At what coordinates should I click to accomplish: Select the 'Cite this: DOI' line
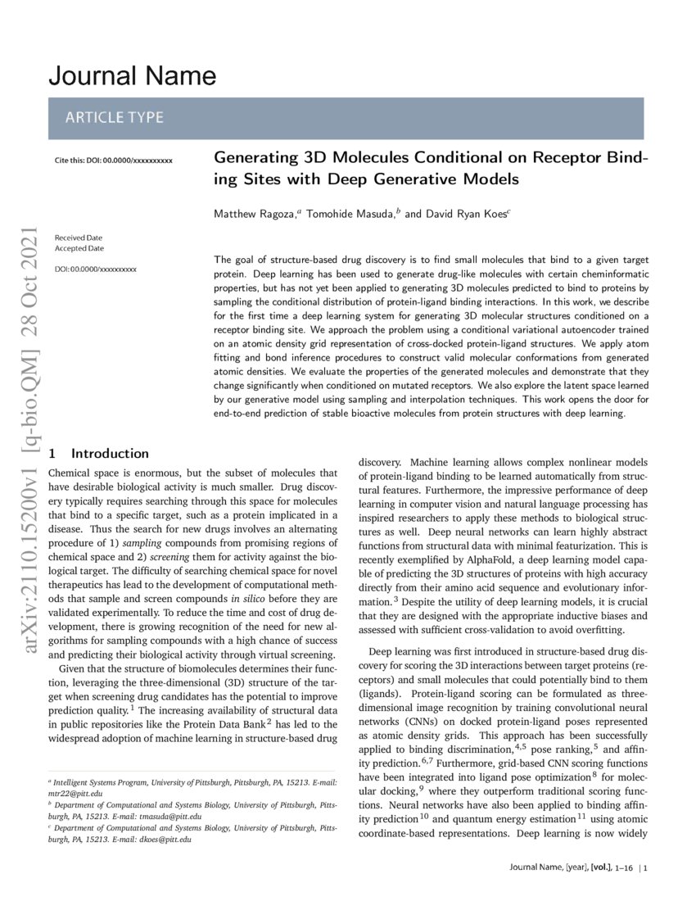(113, 160)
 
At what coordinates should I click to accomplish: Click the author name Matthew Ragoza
(255, 214)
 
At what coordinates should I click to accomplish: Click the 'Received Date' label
(79, 238)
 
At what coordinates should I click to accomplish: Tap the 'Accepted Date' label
(79, 248)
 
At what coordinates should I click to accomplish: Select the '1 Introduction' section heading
(99, 453)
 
